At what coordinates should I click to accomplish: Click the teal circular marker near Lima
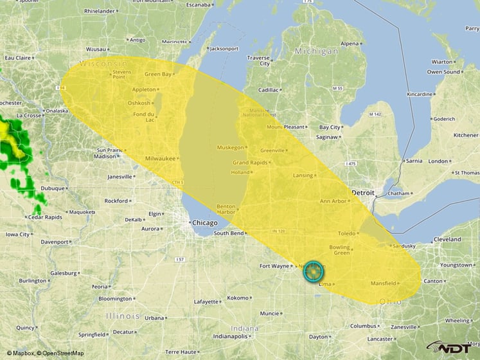click(x=313, y=271)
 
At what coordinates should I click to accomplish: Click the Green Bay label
click(x=157, y=75)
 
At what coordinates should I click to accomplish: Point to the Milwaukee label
click(x=161, y=158)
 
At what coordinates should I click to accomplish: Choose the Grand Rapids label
click(x=250, y=163)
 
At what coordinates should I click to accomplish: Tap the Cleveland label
click(x=447, y=239)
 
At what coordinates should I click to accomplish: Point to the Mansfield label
click(x=384, y=283)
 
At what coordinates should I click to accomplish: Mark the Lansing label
click(x=303, y=175)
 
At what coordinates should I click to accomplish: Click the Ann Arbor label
click(x=333, y=201)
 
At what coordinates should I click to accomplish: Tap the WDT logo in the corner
click(x=450, y=348)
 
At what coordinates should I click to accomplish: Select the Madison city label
click(x=105, y=156)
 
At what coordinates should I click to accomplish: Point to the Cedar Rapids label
click(x=44, y=217)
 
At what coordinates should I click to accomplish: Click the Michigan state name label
click(x=316, y=51)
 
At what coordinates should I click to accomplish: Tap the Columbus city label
click(x=363, y=326)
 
